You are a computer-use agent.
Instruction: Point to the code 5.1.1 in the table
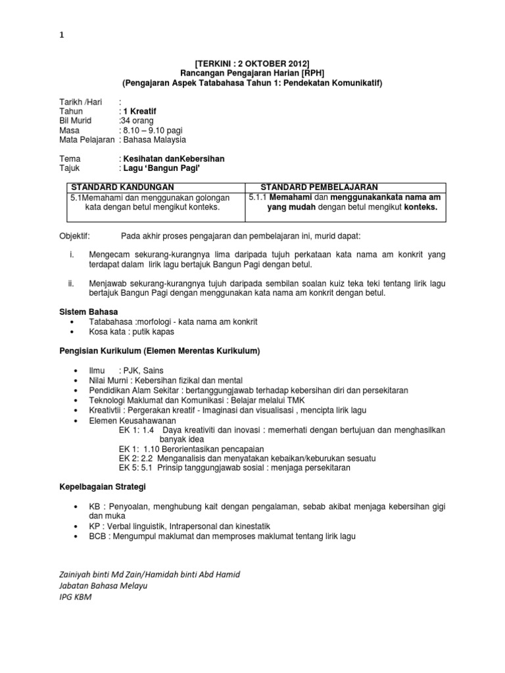(x=258, y=197)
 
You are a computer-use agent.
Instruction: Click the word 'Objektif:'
(x=77, y=235)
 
